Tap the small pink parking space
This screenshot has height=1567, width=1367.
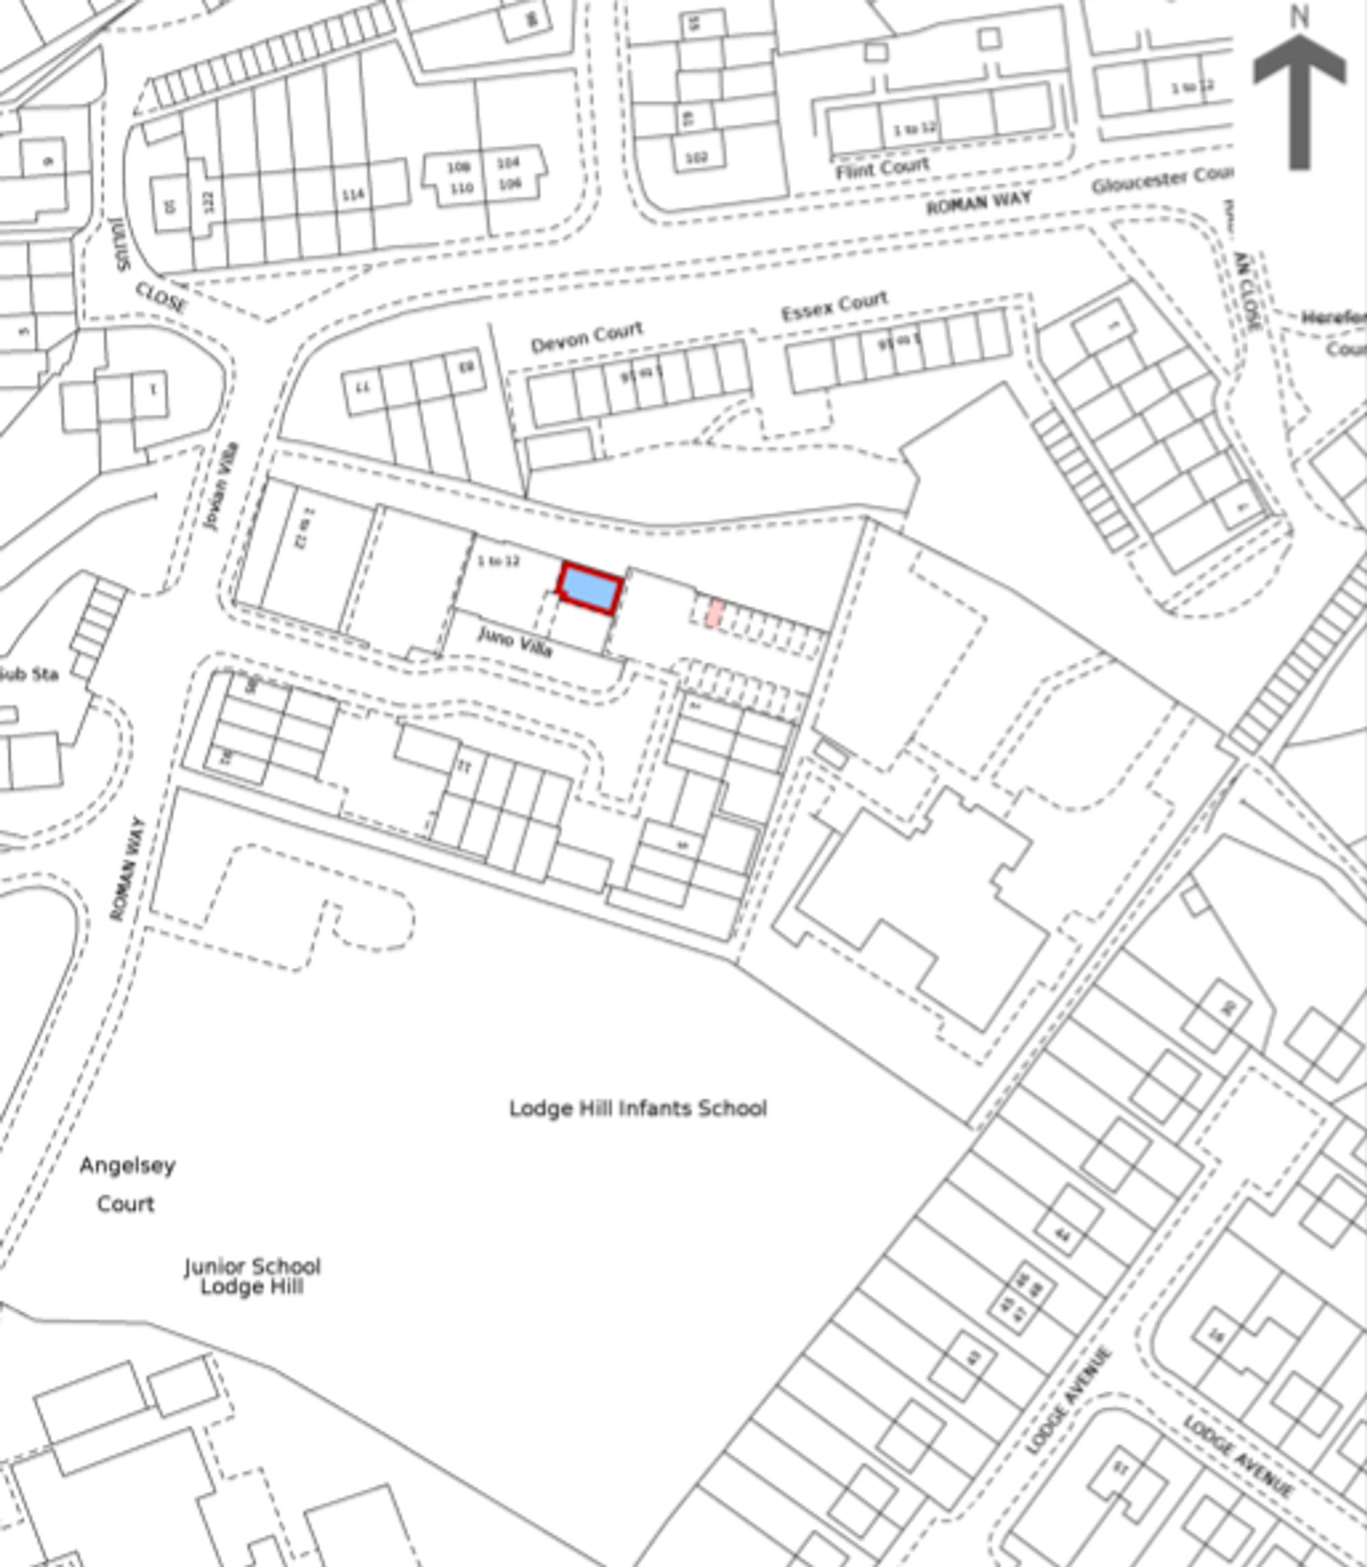point(715,613)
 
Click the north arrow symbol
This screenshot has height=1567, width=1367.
point(1299,99)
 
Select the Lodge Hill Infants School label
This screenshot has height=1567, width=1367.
point(638,1108)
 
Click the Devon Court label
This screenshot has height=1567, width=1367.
point(586,337)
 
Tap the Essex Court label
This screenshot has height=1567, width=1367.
point(835,306)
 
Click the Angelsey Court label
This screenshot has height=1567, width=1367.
point(127,1185)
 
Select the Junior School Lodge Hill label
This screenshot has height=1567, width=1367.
point(252,1276)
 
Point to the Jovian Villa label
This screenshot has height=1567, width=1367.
point(222,487)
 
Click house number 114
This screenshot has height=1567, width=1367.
point(353,196)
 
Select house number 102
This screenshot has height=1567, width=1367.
point(696,158)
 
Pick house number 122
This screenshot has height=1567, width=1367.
point(208,202)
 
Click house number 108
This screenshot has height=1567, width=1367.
point(458,167)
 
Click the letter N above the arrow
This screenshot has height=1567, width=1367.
point(1299,17)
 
